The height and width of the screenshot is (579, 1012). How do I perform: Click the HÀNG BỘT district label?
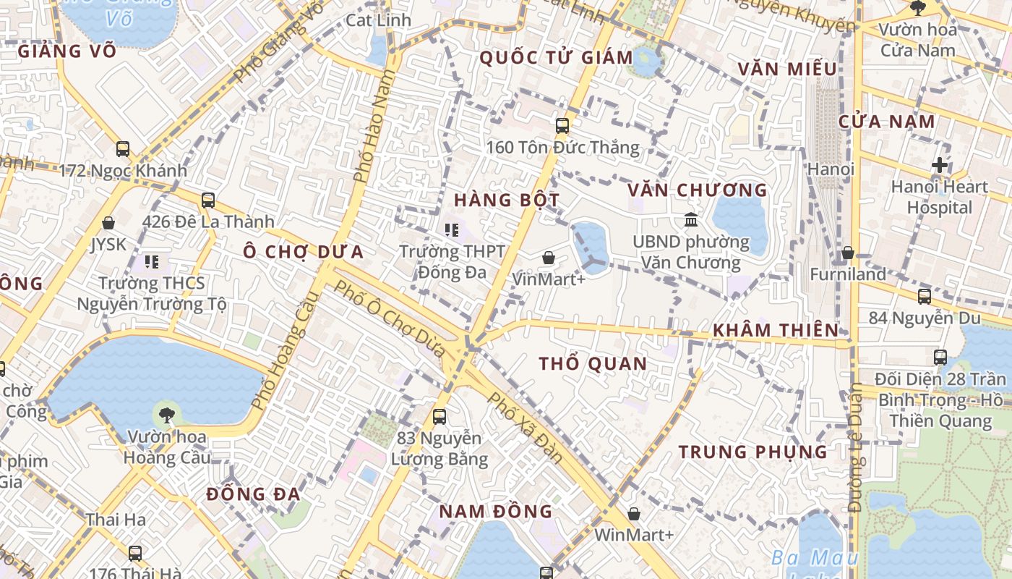507,200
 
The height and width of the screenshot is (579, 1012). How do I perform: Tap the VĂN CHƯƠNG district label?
697,190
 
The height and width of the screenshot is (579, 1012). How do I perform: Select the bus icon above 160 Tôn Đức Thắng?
562,126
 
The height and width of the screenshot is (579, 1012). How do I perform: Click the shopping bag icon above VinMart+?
549,258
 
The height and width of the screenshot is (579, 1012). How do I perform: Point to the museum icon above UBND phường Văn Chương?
691,219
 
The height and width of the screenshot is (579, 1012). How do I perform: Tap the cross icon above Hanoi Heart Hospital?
940,165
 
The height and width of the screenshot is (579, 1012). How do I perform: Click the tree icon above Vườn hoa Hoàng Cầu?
166,415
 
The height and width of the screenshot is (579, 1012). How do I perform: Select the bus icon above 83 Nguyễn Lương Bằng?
439,417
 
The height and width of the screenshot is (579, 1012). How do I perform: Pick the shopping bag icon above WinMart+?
634,514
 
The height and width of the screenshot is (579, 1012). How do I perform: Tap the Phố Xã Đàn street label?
525,427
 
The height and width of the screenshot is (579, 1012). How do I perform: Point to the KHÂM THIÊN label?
776,331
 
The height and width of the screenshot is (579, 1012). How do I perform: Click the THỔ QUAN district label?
593,364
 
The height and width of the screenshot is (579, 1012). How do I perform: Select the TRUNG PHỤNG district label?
752,452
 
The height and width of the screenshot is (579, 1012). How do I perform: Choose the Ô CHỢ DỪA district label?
303,252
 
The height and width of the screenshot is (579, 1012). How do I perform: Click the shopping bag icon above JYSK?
108,223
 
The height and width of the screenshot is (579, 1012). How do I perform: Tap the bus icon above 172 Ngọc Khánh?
123,149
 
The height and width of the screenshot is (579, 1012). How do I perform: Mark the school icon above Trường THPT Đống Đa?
452,230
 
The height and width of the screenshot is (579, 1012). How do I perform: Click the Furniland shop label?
848,274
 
